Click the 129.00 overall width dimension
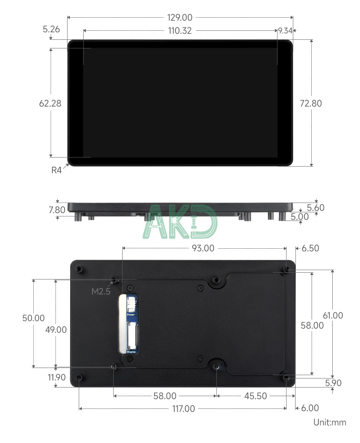pos(180,17)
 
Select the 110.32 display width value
pos(180,31)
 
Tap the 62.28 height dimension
pos(50,103)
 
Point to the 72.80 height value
pos(311,103)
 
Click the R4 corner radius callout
pos(56,170)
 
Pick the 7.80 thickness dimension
pos(57,210)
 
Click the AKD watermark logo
pos(180,222)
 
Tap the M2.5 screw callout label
pos(101,291)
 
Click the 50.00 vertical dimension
pos(33,318)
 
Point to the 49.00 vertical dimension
pos(56,330)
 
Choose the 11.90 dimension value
pos(57,377)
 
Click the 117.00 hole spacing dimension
pos(183,408)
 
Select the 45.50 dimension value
pos(255,396)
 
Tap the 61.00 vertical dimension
pos(333,315)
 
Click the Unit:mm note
pos(330,422)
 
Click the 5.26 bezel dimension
pos(51,29)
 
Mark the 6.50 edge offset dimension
pos(310,248)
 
